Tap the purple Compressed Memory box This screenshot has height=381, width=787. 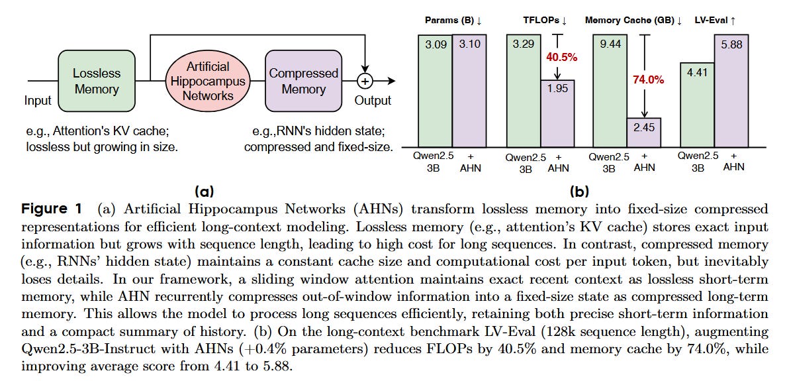click(304, 81)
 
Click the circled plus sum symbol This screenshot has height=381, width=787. click(365, 81)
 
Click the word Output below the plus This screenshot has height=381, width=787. click(372, 101)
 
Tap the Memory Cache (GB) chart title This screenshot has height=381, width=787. click(633, 21)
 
